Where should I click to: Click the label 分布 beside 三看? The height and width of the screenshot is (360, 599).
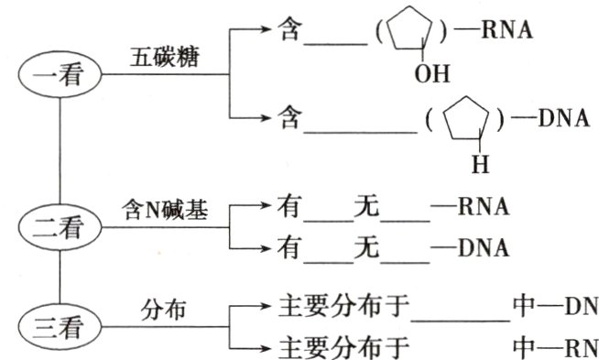pos(164,310)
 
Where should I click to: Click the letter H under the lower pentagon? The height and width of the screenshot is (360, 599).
pos(481,166)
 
